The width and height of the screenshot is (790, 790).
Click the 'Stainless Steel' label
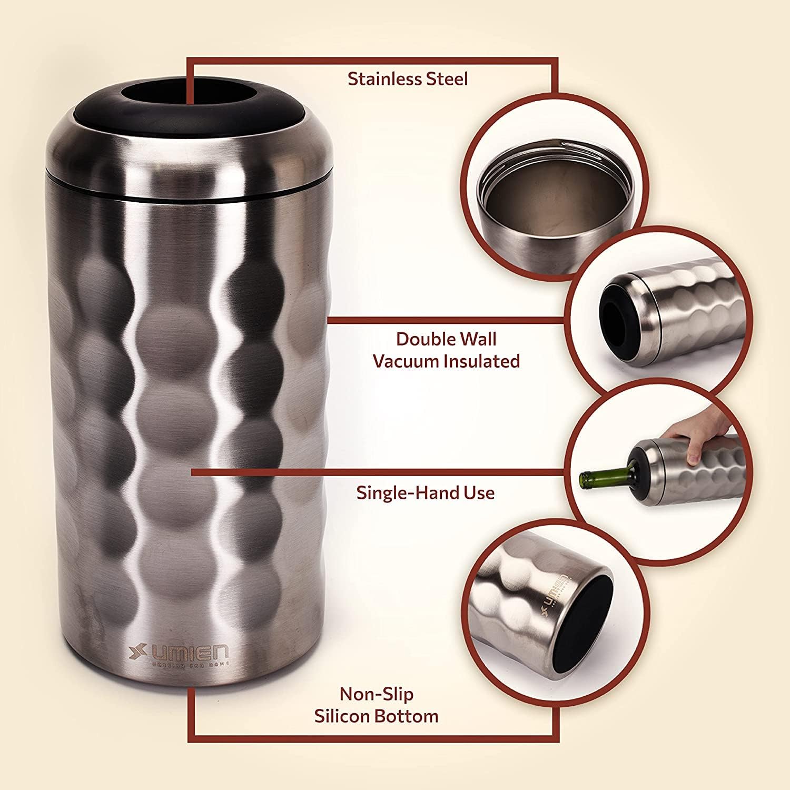(x=408, y=79)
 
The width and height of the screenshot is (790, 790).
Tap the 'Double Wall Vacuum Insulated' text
(x=446, y=350)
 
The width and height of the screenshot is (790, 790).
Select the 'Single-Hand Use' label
(x=426, y=493)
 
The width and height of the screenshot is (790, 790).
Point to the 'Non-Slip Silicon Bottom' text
(x=377, y=705)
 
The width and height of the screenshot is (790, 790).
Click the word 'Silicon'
(x=348, y=716)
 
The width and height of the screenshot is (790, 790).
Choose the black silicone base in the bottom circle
(x=592, y=611)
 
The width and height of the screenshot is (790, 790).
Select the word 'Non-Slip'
(x=377, y=694)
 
